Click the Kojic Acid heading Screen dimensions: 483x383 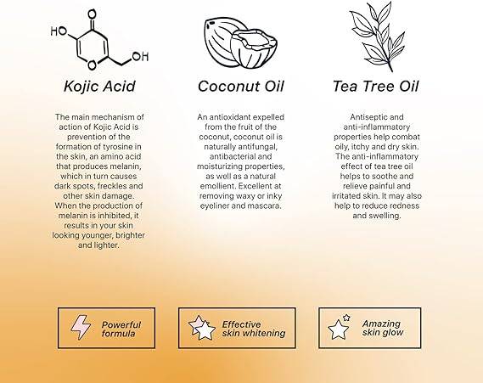99,87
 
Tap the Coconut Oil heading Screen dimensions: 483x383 240,87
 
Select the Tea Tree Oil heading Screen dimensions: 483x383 376,87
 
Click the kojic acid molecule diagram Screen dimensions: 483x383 99,40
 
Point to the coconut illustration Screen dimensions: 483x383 240,42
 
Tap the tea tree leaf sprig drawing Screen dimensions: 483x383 378,37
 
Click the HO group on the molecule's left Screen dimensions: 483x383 59,31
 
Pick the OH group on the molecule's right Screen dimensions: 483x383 140,56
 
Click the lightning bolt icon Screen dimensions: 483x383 81,327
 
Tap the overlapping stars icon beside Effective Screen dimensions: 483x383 202,328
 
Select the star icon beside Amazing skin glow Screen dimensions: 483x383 340,327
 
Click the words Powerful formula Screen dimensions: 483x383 121,329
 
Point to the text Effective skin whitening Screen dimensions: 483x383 254,329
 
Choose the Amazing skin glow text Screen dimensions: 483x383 383,328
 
